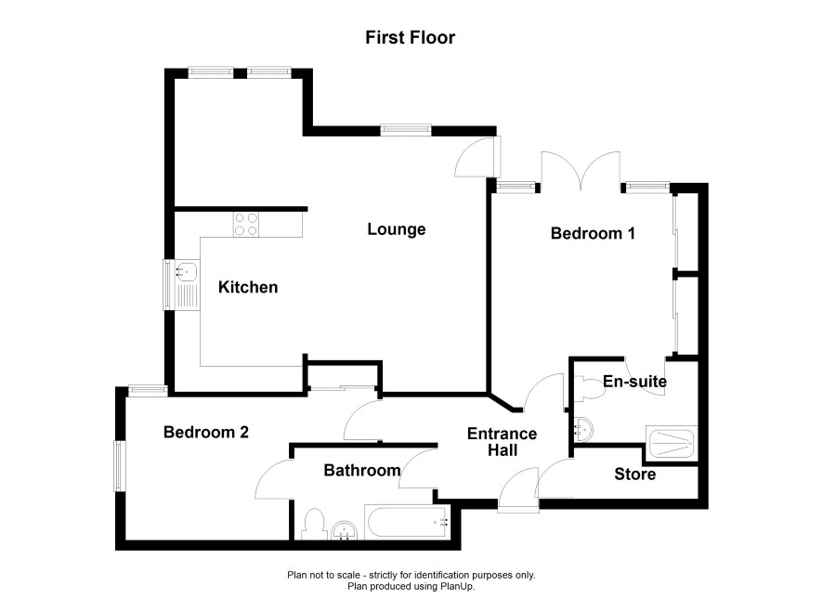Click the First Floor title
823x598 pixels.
pos(410,38)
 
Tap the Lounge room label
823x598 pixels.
pos(397,229)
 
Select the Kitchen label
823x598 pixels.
pos(248,287)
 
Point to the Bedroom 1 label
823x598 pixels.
pos(593,233)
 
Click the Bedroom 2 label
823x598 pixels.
pos(206,432)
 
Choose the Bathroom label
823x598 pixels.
pos(362,470)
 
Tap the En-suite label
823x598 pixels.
pos(634,381)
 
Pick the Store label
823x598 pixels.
pos(635,474)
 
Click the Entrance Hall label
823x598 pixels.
pos(503,442)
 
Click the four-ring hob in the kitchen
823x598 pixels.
pos(246,224)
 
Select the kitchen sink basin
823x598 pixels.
pos(187,270)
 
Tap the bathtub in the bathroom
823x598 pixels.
pos(407,523)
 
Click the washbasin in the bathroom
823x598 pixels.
pos(345,530)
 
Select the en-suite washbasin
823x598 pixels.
pos(582,430)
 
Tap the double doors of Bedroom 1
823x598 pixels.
pos(581,171)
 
